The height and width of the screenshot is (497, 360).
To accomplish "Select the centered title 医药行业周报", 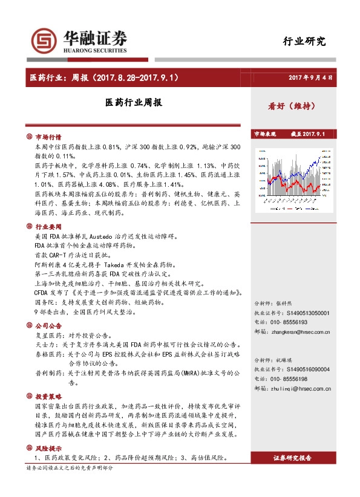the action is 133,104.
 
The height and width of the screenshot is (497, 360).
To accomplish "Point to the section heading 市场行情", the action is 48,137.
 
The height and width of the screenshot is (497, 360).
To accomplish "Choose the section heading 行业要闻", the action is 48,226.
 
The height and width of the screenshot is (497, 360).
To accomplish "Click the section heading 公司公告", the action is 48,325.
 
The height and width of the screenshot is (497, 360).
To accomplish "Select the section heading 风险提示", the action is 48,449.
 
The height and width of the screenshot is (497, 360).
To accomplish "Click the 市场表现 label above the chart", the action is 264,134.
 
